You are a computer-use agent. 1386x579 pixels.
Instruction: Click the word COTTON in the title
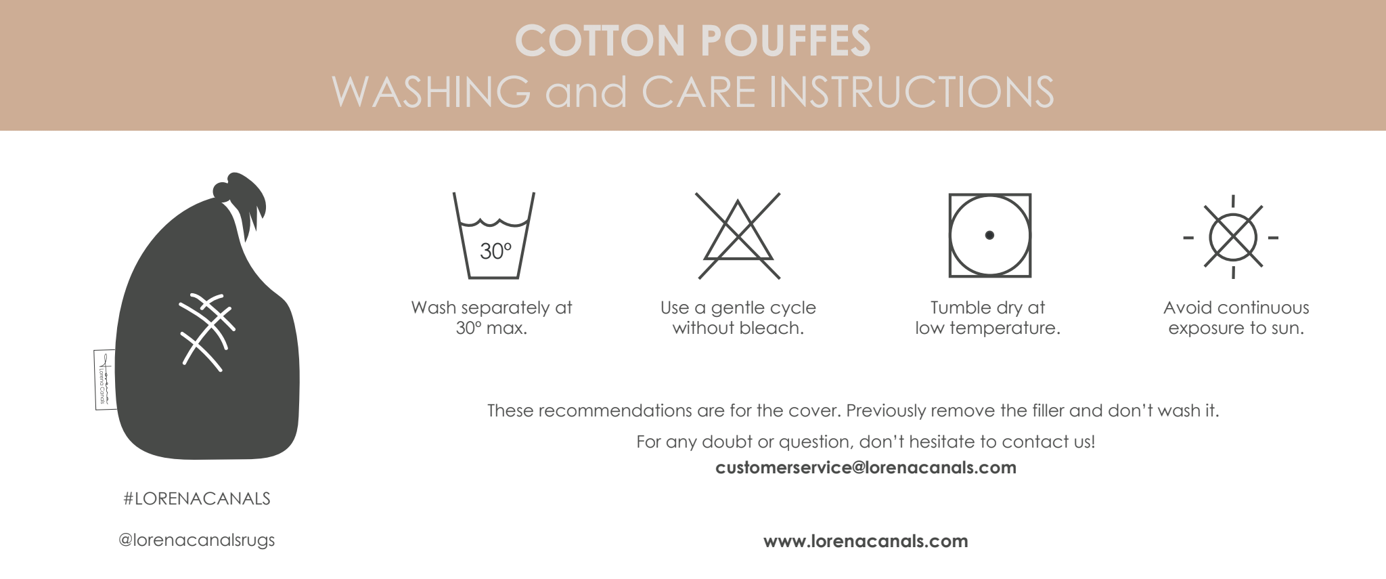pyautogui.click(x=600, y=41)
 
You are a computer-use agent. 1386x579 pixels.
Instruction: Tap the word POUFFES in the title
pyautogui.click(x=786, y=41)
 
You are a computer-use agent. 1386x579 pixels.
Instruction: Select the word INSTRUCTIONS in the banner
pyautogui.click(x=912, y=92)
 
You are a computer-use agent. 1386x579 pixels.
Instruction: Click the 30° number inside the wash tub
pyautogui.click(x=495, y=251)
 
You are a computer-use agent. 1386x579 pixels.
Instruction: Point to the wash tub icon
pyautogui.click(x=494, y=236)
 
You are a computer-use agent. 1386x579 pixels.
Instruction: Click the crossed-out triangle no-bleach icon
pyautogui.click(x=738, y=236)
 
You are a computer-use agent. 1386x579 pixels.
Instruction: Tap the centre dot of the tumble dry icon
pyautogui.click(x=989, y=235)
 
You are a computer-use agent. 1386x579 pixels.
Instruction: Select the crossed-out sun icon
pyautogui.click(x=1233, y=237)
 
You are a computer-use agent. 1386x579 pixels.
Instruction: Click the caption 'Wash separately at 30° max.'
pyautogui.click(x=491, y=318)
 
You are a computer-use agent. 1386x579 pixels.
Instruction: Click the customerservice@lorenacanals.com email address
pyautogui.click(x=866, y=467)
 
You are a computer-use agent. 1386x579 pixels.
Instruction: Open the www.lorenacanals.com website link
pyautogui.click(x=866, y=541)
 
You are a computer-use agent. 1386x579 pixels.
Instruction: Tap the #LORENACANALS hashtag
pyautogui.click(x=197, y=499)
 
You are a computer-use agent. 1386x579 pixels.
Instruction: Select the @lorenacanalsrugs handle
pyautogui.click(x=197, y=540)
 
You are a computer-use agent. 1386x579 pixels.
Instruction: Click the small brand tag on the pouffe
pyautogui.click(x=104, y=379)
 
